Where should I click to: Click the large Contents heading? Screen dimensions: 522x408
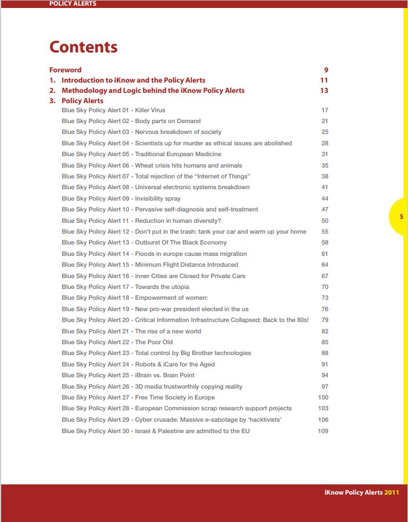pyautogui.click(x=83, y=47)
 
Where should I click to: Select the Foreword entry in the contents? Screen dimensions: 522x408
pyautogui.click(x=65, y=70)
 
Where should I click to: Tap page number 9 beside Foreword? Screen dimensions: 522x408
pyautogui.click(x=326, y=70)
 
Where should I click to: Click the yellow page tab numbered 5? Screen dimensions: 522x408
pyautogui.click(x=401, y=217)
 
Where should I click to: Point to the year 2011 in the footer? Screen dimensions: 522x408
pyautogui.click(x=391, y=492)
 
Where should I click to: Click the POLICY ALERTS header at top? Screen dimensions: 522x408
pyautogui.click(x=72, y=3)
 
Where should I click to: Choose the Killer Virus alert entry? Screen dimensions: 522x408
pyautogui.click(x=113, y=110)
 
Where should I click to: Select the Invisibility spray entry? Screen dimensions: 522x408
pyautogui.click(x=121, y=198)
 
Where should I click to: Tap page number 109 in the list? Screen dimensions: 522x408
pyautogui.click(x=323, y=431)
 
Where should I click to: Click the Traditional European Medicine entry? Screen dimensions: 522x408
pyautogui.click(x=141, y=154)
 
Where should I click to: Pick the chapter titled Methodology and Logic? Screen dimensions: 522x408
pyautogui.click(x=153, y=91)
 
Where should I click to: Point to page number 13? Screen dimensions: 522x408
pyautogui.click(x=324, y=91)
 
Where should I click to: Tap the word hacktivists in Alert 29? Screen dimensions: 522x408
pyautogui.click(x=263, y=419)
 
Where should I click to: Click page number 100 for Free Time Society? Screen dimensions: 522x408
pyautogui.click(x=323, y=397)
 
